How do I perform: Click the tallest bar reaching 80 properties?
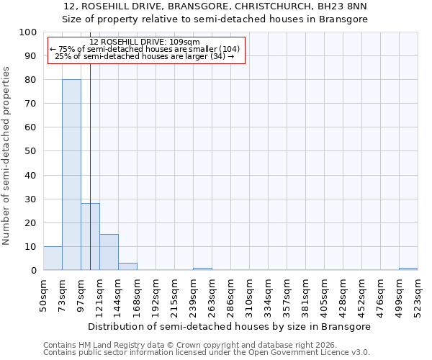point(71,175)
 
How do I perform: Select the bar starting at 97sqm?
point(90,237)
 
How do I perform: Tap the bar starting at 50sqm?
point(53,258)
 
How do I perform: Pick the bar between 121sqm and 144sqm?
point(109,252)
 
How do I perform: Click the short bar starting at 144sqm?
point(127,266)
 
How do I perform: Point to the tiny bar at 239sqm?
point(202,269)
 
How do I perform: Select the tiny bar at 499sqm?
point(408,269)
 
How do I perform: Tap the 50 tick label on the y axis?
point(31,151)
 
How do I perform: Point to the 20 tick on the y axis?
point(31,222)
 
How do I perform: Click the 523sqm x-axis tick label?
point(418,296)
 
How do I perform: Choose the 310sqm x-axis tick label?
point(249,296)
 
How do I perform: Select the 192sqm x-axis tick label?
point(156,296)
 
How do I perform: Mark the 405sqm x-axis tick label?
point(324,296)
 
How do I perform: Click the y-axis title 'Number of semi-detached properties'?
point(7,156)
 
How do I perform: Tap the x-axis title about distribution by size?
point(230,326)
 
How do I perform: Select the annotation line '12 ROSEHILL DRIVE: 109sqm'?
point(145,42)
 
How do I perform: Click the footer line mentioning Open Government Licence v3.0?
point(207,352)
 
